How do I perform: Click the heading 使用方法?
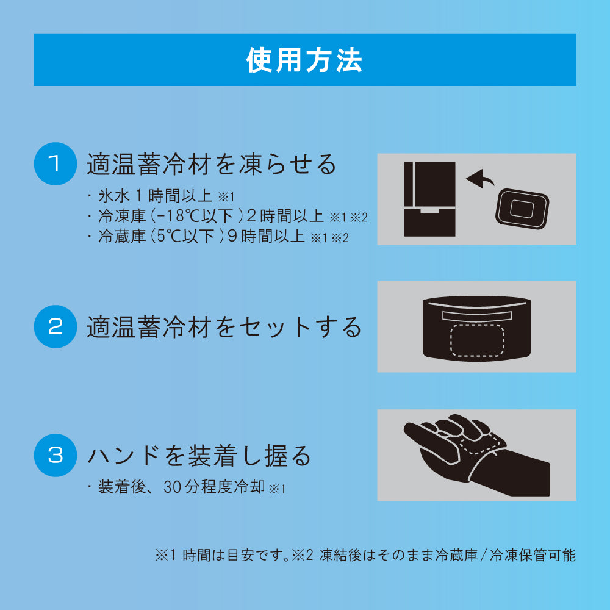tap(304, 60)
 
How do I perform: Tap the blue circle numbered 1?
tap(56, 163)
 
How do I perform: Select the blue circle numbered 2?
tap(56, 326)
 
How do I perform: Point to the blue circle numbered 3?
tap(56, 455)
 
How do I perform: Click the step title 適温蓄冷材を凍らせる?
tap(212, 164)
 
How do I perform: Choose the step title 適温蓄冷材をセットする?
tap(224, 327)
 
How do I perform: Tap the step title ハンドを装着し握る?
tap(199, 456)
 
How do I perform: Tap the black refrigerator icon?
tap(429, 199)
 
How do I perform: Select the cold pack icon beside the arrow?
tap(522, 209)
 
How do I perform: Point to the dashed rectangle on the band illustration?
tap(477, 340)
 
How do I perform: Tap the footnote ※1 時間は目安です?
tap(223, 555)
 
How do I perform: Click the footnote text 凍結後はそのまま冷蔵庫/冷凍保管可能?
tap(447, 555)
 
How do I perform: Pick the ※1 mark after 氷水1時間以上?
tap(226, 197)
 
